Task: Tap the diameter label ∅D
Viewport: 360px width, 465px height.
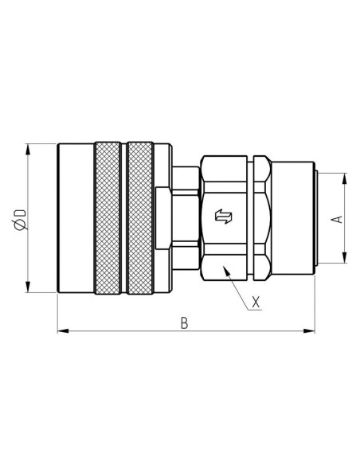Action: (x=21, y=218)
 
